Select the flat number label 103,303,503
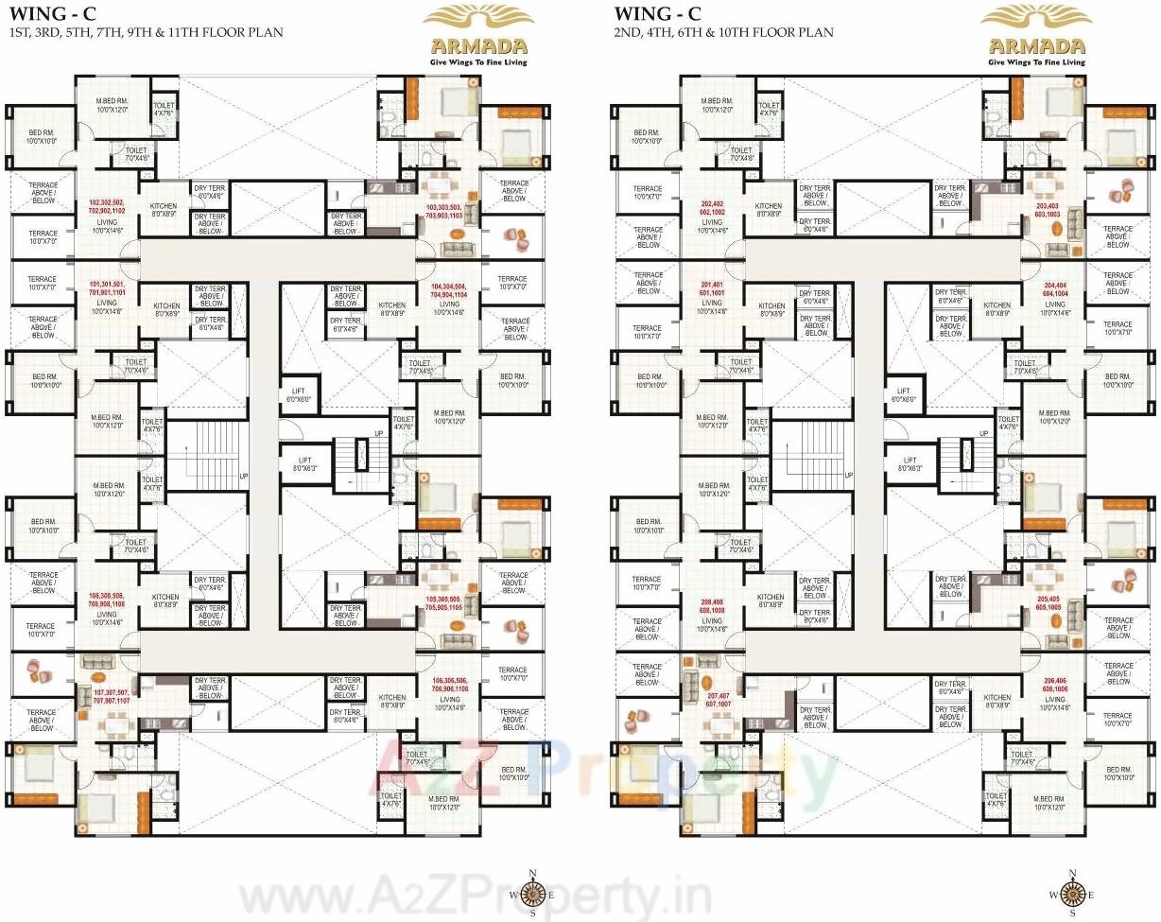point(443,211)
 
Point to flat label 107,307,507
point(110,697)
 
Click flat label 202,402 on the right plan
point(711,207)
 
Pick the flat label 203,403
point(1047,211)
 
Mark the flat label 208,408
point(711,606)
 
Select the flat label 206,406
point(1054,685)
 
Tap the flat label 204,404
point(1054,288)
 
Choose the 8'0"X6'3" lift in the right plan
point(906,464)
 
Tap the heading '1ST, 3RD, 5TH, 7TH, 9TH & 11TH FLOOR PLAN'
point(145,32)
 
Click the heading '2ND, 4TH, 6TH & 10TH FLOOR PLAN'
point(723,32)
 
